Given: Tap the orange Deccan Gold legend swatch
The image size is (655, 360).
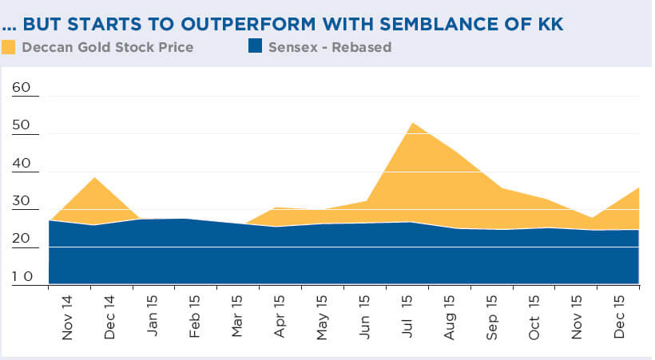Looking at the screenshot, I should click(x=10, y=47).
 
